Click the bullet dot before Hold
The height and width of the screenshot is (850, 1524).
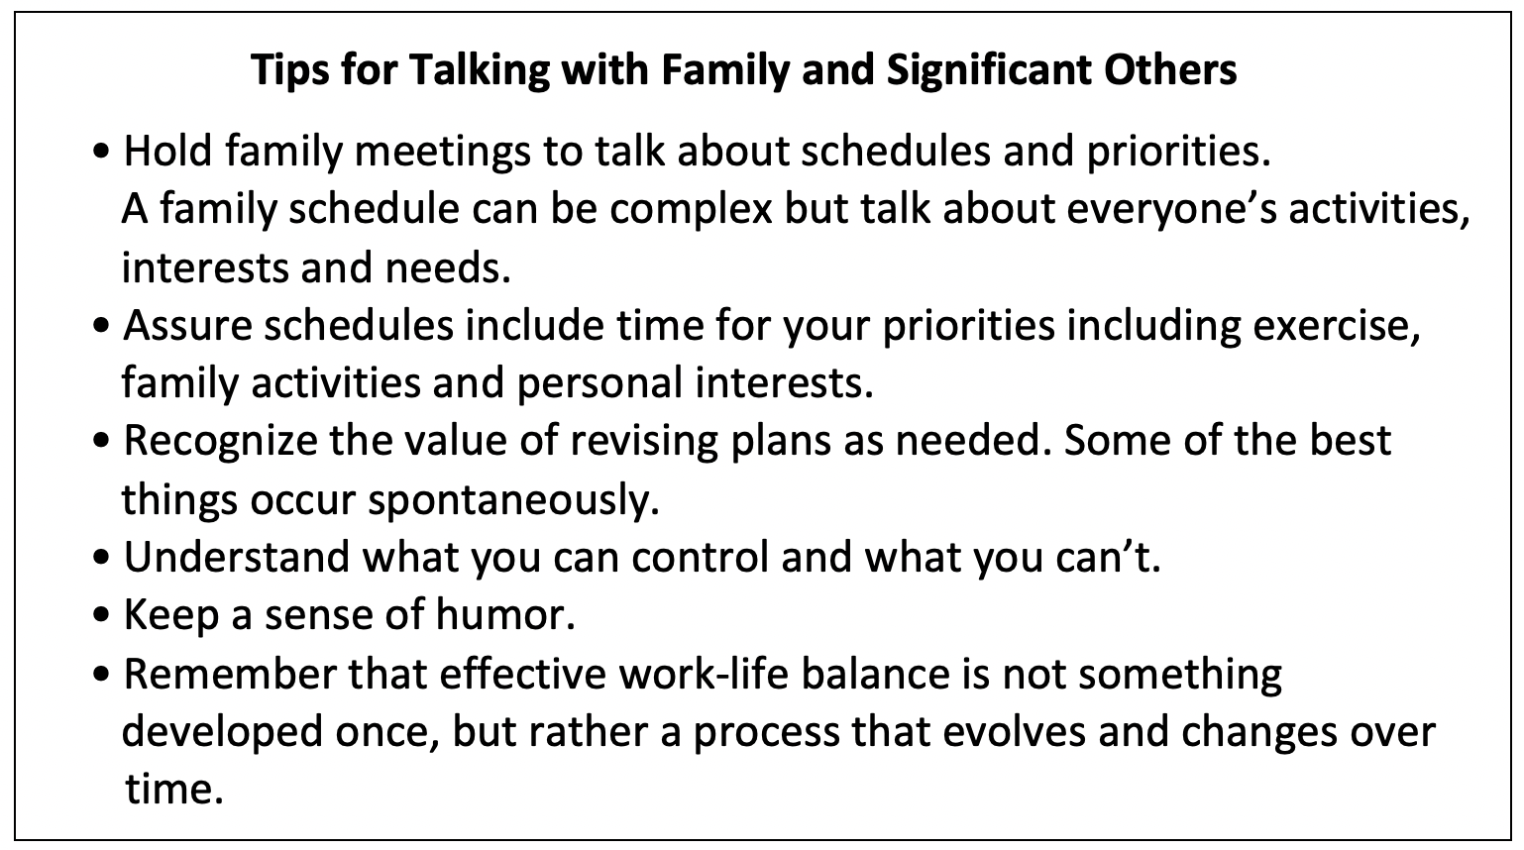[101, 152]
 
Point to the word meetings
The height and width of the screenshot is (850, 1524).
[442, 152]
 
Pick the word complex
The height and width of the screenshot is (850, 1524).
[691, 209]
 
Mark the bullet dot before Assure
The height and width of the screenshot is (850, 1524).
[101, 326]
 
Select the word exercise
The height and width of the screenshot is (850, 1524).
[1337, 326]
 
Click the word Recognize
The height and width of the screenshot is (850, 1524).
[220, 442]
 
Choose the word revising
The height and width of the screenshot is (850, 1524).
[644, 442]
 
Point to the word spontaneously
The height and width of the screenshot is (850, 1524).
[513, 501]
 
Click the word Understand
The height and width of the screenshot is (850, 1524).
[236, 558]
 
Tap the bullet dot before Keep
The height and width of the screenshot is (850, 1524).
[101, 616]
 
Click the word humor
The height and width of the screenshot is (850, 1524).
[505, 615]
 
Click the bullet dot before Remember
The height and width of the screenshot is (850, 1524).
[101, 676]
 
